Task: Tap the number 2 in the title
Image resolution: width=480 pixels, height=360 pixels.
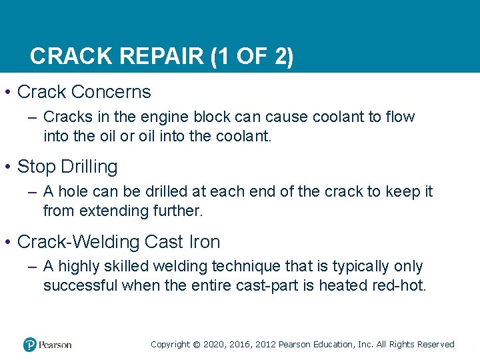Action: tap(282, 57)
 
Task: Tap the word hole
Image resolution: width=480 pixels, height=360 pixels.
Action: tap(75, 192)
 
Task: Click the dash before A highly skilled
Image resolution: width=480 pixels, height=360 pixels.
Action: tap(33, 267)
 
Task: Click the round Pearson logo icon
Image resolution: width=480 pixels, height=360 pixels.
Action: tap(30, 345)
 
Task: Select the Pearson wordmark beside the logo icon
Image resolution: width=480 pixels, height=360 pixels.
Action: tap(55, 345)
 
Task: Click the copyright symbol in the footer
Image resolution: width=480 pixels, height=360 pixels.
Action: tap(196, 345)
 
